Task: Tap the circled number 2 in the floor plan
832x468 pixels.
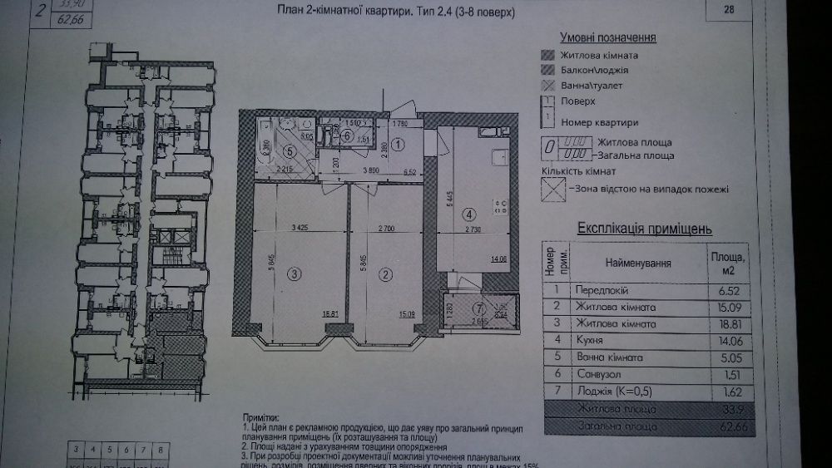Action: click(384, 273)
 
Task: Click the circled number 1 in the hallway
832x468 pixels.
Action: click(398, 144)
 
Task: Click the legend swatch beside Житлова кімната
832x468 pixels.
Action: click(547, 55)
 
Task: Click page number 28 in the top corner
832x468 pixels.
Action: click(730, 10)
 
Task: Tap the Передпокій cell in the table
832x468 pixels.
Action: click(600, 291)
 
